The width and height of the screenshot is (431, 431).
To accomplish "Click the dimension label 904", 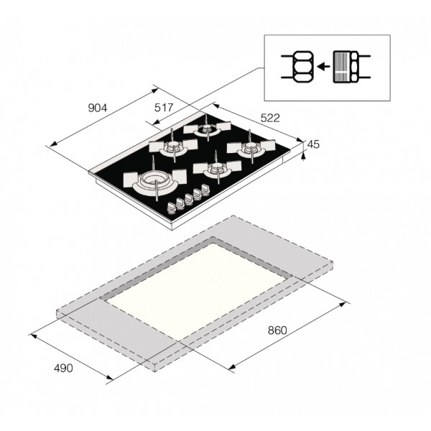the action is (97, 108).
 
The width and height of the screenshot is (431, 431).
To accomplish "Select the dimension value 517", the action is (164, 108).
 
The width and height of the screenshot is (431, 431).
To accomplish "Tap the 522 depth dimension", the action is (270, 118).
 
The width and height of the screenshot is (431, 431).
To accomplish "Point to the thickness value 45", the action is (313, 144).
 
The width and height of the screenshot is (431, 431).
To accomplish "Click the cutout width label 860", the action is (277, 330).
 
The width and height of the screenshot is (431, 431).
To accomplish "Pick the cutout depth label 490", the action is (63, 368).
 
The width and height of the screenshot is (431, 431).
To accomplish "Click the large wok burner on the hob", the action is (154, 180).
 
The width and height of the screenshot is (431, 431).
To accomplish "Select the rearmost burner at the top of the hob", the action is (207, 129).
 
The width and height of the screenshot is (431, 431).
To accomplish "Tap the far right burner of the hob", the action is (251, 147).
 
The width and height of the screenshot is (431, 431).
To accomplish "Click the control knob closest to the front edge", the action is (171, 208).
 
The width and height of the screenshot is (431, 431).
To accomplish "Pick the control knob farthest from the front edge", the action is (205, 189).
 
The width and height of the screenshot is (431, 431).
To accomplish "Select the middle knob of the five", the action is (188, 199).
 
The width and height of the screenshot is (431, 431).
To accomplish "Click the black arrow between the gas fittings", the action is (323, 66).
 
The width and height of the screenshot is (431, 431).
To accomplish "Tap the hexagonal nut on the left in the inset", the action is (303, 67).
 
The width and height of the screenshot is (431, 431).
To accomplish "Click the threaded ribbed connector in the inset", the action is (342, 67).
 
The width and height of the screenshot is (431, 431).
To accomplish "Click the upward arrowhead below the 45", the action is (303, 156).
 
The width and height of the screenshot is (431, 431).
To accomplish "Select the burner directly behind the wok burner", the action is (173, 147).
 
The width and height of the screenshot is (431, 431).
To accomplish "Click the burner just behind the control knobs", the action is (217, 168).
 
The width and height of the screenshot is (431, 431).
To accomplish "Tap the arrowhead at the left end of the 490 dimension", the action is (34, 336).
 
